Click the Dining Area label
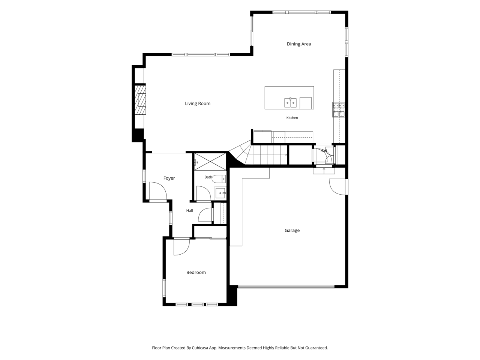click(x=298, y=44)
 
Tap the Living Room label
click(x=198, y=103)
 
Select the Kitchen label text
click(x=292, y=118)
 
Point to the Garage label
click(x=292, y=230)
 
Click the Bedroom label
click(x=196, y=272)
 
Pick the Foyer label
click(x=169, y=178)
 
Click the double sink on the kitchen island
click(x=290, y=103)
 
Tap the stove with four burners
click(x=339, y=109)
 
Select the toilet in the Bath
click(x=219, y=178)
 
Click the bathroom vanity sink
click(x=220, y=193)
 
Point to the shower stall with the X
click(x=210, y=162)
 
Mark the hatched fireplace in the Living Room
click(x=140, y=100)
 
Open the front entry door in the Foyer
click(x=157, y=191)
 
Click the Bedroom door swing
click(x=181, y=246)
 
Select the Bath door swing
click(x=203, y=193)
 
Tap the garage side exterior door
click(x=338, y=187)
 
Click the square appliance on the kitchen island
click(x=305, y=103)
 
